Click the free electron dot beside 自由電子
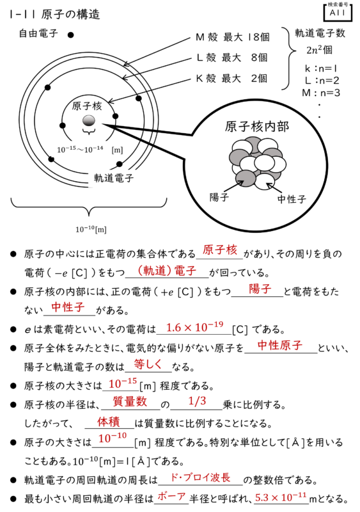click(x=70, y=35)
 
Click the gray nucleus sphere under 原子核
click(x=89, y=121)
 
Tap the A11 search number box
click(x=338, y=12)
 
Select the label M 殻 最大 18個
click(x=233, y=37)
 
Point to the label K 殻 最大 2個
click(x=231, y=78)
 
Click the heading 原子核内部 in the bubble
click(x=256, y=126)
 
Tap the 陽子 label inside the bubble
click(x=219, y=197)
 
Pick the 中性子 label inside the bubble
click(x=292, y=199)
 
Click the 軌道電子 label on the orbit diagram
click(x=114, y=178)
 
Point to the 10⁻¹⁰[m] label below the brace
click(x=91, y=229)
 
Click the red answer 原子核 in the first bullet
click(x=220, y=250)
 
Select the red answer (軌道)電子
click(x=166, y=271)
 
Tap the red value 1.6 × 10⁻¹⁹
click(x=194, y=326)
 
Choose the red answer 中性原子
click(x=279, y=345)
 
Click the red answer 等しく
click(x=148, y=364)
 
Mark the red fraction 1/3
click(x=197, y=401)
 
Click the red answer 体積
click(x=108, y=422)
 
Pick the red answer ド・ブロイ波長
click(x=200, y=477)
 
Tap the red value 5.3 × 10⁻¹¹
click(x=281, y=497)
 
